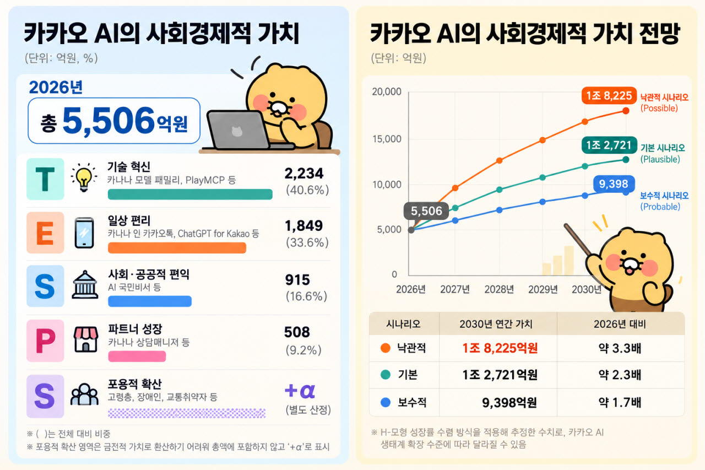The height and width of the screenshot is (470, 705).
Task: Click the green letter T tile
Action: point(45,179)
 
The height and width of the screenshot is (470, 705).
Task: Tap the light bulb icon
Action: point(84,177)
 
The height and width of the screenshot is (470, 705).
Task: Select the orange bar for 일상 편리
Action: point(177,248)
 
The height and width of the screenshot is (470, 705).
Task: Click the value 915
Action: point(297,280)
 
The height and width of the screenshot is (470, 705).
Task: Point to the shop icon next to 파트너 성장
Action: point(85,339)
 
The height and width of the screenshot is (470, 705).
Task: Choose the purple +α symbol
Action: point(300,391)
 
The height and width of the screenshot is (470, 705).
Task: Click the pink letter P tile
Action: point(45,341)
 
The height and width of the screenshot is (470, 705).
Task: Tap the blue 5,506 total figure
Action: point(109,120)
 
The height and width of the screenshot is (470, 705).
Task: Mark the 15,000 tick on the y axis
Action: point(387,139)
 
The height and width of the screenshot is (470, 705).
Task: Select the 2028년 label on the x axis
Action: point(499,289)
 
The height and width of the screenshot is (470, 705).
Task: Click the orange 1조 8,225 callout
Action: point(609,95)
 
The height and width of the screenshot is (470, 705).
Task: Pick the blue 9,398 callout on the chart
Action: point(614,184)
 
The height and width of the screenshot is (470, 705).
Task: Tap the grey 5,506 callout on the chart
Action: point(426,211)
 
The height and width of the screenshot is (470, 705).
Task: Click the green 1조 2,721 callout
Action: point(609,145)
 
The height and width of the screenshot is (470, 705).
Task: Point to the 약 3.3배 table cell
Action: point(620,348)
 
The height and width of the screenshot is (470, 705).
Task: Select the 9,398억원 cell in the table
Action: point(509,402)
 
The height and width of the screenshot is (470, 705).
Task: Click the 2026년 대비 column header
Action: point(620,324)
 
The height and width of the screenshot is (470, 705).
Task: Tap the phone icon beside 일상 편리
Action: point(84,233)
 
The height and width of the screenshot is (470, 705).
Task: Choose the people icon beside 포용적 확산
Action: point(84,394)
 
